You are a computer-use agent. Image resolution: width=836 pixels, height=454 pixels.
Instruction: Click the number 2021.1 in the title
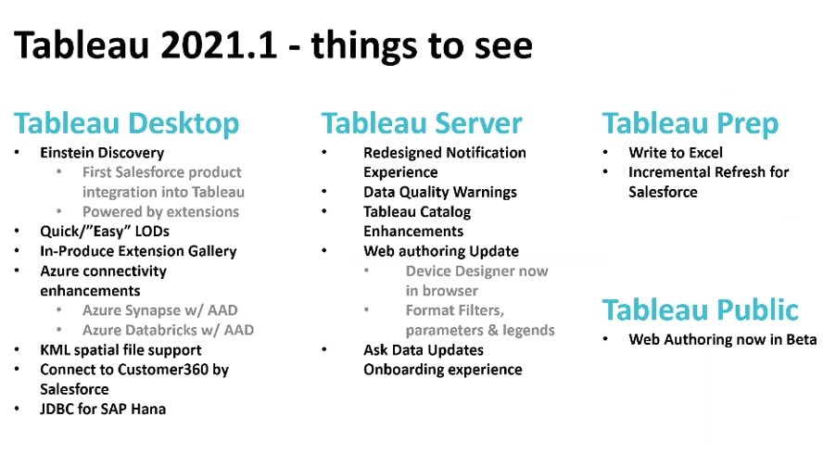pyautogui.click(x=219, y=44)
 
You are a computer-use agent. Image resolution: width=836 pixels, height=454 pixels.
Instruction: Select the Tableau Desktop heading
pyautogui.click(x=126, y=123)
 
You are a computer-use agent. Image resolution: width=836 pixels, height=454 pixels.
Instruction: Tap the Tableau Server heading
pyautogui.click(x=421, y=123)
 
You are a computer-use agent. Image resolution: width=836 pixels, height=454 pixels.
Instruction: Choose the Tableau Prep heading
pyautogui.click(x=690, y=123)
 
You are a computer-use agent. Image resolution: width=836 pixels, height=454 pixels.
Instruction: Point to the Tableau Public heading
pyautogui.click(x=700, y=309)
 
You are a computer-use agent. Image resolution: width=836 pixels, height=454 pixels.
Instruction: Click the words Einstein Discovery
pyautogui.click(x=102, y=153)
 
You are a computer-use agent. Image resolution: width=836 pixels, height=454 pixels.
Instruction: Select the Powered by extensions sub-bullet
pyautogui.click(x=160, y=212)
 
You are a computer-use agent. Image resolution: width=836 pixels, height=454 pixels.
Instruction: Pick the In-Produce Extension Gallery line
pyautogui.click(x=138, y=251)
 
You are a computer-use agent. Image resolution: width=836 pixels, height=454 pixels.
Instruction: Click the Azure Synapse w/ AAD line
pyautogui.click(x=160, y=310)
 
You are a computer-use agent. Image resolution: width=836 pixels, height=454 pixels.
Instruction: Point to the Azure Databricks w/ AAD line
pyautogui.click(x=168, y=331)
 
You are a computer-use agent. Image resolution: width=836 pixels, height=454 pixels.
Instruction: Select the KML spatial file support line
pyautogui.click(x=120, y=350)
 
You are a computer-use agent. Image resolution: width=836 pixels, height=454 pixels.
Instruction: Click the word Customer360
pyautogui.click(x=163, y=370)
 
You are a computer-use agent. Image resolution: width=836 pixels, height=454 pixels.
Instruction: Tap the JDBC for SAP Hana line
pyautogui.click(x=103, y=410)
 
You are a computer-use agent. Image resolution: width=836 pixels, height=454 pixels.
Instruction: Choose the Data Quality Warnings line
pyautogui.click(x=440, y=193)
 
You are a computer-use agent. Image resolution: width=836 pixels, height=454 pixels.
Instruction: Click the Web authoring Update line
pyautogui.click(x=441, y=251)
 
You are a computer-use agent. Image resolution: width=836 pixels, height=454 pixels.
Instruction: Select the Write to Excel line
pyautogui.click(x=676, y=153)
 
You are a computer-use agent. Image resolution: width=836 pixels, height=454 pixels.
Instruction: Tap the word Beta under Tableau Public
pyautogui.click(x=802, y=339)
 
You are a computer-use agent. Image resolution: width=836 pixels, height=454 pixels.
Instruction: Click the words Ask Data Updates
pyautogui.click(x=424, y=350)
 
